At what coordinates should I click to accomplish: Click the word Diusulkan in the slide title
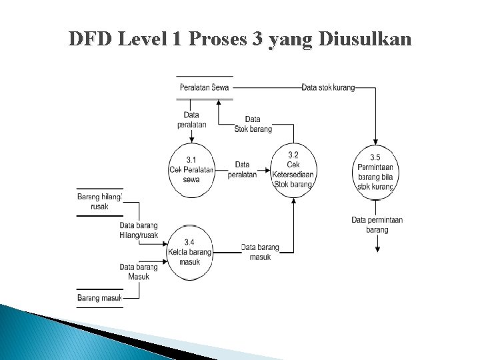(x=365, y=39)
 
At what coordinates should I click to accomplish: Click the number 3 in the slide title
(x=257, y=39)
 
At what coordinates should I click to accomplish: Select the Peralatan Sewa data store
(x=205, y=87)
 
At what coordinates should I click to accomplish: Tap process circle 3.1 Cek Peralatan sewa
(x=191, y=169)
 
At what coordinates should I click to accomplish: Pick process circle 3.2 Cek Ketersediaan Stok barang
(x=293, y=169)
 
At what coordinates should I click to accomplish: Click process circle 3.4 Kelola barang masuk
(x=190, y=252)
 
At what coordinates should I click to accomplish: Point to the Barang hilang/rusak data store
(x=99, y=201)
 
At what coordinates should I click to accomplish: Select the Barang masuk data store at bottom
(x=99, y=297)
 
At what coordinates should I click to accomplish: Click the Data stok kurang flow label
(x=328, y=87)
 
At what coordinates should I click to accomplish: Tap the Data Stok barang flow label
(x=253, y=124)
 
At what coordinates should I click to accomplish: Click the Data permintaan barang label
(x=377, y=225)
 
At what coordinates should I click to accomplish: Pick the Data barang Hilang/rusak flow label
(x=139, y=230)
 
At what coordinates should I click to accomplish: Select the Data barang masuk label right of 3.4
(x=260, y=252)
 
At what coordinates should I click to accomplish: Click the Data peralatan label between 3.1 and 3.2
(x=242, y=169)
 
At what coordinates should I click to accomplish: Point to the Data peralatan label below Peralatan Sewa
(x=191, y=119)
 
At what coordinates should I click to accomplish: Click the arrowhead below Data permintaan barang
(x=377, y=249)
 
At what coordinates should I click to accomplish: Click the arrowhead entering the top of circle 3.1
(x=192, y=140)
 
